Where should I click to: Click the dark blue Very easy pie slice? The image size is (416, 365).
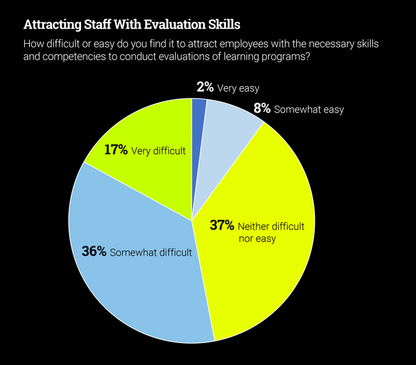click(199, 122)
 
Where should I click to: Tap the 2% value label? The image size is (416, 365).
click(205, 88)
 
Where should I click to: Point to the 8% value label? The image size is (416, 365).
click(261, 109)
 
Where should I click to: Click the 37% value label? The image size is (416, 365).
click(222, 226)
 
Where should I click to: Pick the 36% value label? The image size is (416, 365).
click(94, 252)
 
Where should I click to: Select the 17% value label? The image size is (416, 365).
click(116, 150)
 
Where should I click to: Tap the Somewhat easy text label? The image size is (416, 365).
click(309, 110)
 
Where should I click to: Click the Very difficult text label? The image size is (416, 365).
click(158, 151)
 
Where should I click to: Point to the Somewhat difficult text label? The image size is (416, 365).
click(151, 252)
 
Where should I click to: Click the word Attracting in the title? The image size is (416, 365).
click(51, 25)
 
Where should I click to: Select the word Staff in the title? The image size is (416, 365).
click(96, 25)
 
